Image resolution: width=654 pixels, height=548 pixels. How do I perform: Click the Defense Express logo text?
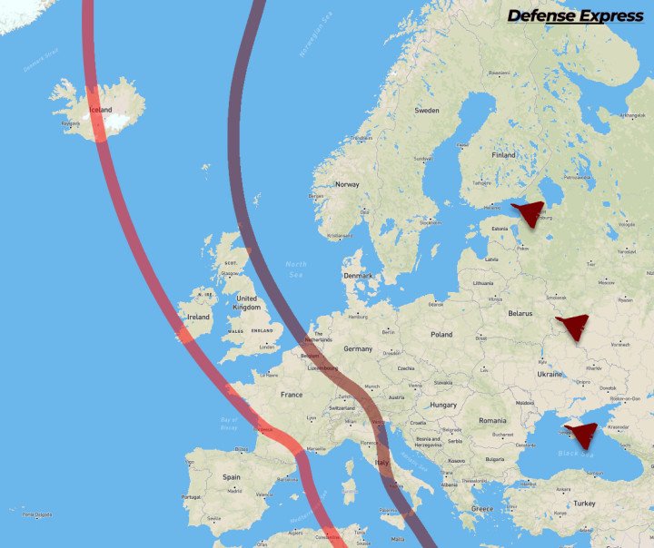(575, 15)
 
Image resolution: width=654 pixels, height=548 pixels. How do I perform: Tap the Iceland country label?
(100, 110)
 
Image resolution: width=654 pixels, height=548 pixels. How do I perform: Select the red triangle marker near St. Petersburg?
(528, 214)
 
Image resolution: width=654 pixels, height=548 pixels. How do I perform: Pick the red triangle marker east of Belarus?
(573, 325)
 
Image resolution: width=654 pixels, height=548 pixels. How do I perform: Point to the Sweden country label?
(427, 110)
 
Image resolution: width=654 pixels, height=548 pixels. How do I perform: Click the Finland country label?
(503, 155)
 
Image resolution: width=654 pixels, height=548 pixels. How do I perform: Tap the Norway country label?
(347, 184)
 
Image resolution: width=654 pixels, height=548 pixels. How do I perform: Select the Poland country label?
(441, 334)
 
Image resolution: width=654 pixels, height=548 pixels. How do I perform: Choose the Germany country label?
(358, 348)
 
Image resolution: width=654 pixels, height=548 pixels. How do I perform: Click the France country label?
(292, 395)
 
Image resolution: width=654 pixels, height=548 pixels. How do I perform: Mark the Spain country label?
(232, 476)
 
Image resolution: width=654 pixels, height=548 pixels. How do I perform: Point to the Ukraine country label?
(550, 374)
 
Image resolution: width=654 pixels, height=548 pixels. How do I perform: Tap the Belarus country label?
(520, 313)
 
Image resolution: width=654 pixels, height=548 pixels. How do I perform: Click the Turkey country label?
(584, 503)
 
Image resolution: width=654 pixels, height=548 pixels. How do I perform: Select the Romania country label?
(492, 421)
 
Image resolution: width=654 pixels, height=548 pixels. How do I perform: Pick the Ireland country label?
(198, 317)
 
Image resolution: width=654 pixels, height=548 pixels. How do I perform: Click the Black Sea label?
(575, 453)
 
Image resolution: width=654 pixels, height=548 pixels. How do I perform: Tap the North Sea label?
(296, 269)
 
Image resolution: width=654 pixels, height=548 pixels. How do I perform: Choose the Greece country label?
(481, 509)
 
